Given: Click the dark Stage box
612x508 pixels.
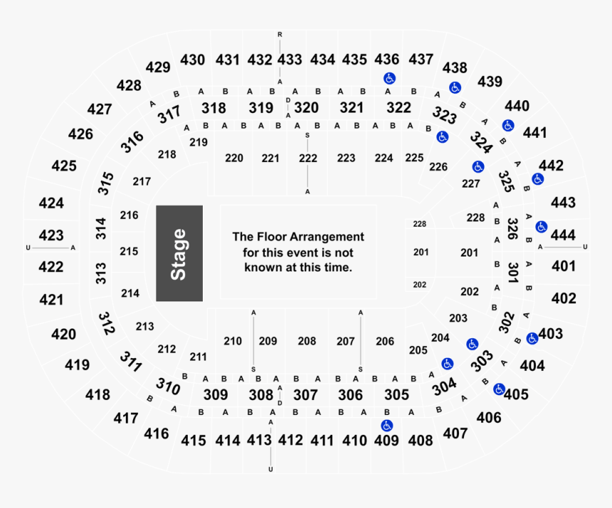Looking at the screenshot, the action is click(x=179, y=253).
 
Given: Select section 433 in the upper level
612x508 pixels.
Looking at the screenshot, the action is click(x=290, y=60).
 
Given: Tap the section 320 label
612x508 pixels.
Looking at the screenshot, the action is click(x=307, y=107).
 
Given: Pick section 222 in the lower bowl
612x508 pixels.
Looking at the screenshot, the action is click(x=308, y=158).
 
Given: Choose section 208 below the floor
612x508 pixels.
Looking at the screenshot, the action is click(x=307, y=341).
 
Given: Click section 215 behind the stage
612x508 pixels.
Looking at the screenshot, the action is click(x=129, y=252).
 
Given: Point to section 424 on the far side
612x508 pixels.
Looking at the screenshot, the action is click(x=51, y=203).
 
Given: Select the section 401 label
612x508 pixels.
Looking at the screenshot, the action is click(x=564, y=266).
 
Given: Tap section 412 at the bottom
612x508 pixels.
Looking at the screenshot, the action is click(x=290, y=441).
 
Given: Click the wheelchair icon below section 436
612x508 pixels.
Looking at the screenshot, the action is click(x=389, y=78).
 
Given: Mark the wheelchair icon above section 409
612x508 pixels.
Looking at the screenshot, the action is click(x=387, y=426).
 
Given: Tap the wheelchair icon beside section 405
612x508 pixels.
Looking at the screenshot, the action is click(x=499, y=389).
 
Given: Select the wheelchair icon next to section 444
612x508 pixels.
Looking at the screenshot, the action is click(x=541, y=227).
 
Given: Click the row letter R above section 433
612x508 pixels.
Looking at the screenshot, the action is click(x=280, y=35).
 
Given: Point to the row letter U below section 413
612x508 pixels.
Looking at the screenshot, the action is click(x=270, y=470).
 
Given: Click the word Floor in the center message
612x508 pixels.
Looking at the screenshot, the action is click(x=272, y=237).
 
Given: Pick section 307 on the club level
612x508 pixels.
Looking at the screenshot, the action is click(x=305, y=395).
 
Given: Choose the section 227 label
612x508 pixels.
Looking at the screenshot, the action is click(x=470, y=183).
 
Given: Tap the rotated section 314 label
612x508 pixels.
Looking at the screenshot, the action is click(x=101, y=228).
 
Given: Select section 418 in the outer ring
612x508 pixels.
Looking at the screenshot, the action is click(x=97, y=394).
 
